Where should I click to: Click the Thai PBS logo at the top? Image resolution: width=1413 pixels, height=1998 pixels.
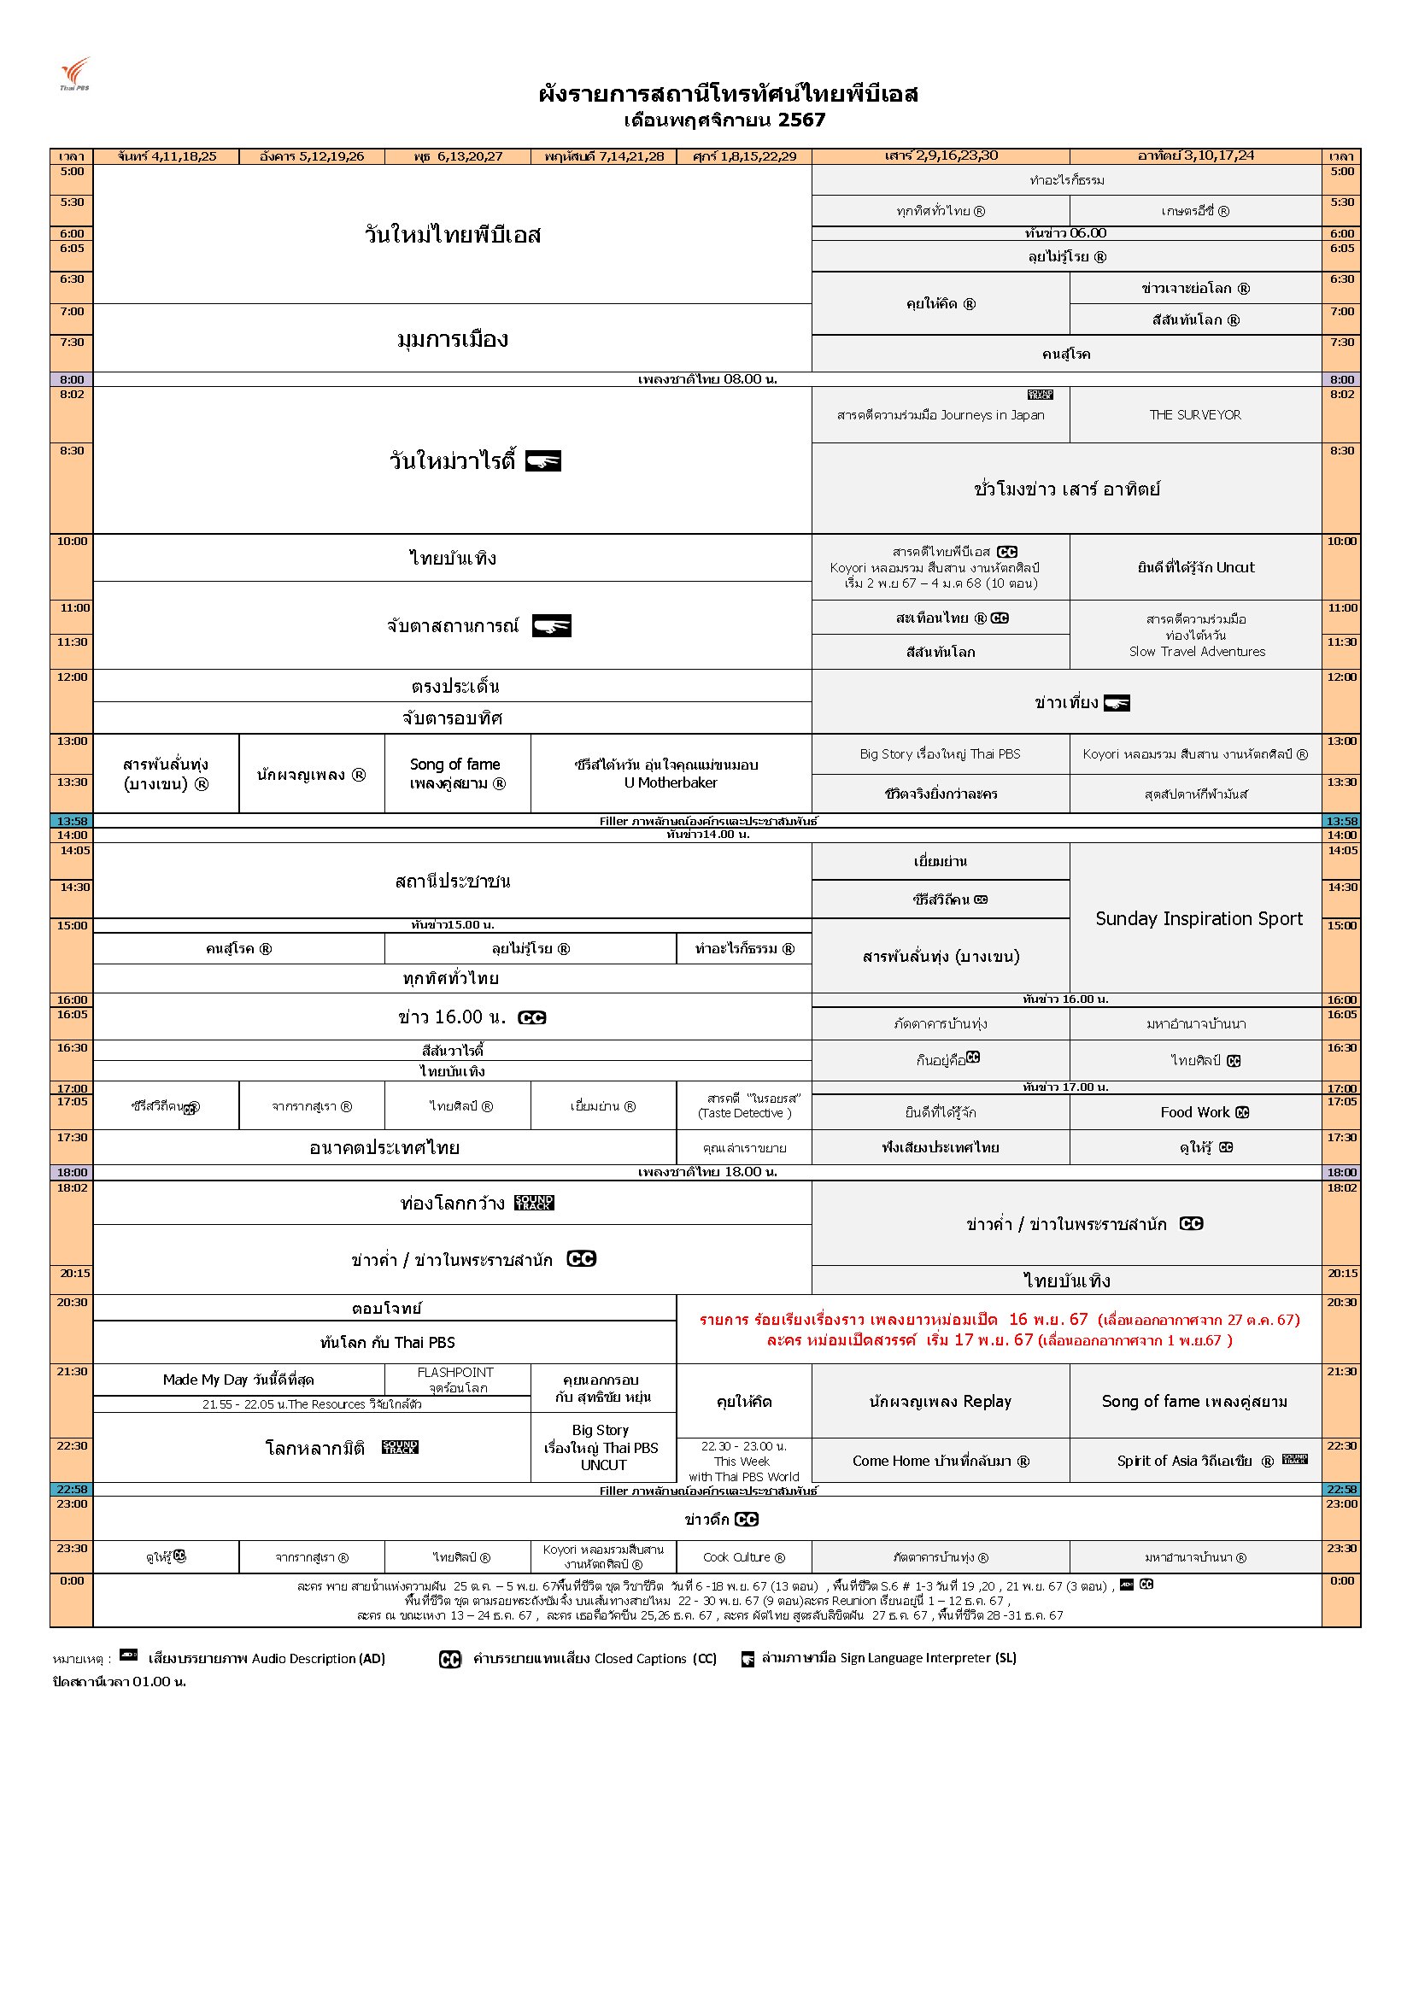(75, 73)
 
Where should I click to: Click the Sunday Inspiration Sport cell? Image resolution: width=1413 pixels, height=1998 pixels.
(1198, 918)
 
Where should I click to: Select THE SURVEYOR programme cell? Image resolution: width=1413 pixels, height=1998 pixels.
(1194, 415)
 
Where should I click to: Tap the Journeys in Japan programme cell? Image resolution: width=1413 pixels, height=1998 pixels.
(940, 415)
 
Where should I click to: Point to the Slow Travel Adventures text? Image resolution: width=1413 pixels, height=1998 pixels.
(1196, 651)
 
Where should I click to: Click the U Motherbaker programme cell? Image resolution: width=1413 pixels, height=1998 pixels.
(670, 774)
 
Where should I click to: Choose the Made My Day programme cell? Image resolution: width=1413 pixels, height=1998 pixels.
(237, 1380)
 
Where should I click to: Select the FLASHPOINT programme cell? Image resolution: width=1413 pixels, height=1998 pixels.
(457, 1380)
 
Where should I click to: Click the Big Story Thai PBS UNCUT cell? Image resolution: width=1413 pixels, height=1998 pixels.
(602, 1447)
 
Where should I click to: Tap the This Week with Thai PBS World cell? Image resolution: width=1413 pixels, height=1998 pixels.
(743, 1462)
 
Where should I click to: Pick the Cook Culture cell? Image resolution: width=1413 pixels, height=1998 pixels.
(743, 1557)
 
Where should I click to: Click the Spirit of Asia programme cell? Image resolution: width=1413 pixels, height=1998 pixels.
(1194, 1461)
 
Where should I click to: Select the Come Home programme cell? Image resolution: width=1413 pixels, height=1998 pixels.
(940, 1461)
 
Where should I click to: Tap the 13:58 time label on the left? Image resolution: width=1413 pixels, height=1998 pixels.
(72, 821)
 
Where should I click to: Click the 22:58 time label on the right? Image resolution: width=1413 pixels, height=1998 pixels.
(1340, 1489)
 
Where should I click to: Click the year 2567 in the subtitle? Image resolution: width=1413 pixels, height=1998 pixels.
(801, 120)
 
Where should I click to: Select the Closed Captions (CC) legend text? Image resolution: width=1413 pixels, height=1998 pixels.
(595, 1659)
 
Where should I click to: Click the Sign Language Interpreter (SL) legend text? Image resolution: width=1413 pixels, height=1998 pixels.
(888, 1658)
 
